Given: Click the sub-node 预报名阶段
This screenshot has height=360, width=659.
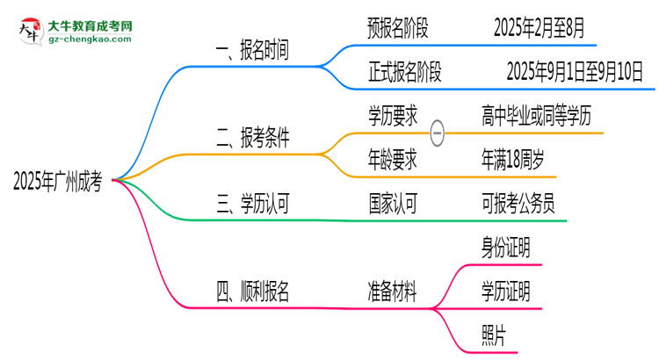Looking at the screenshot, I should [398, 29].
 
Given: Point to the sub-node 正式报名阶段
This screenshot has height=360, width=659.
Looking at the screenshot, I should [405, 72].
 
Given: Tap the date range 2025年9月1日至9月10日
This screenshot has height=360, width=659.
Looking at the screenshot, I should [576, 72].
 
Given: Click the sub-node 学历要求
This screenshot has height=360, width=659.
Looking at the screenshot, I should [392, 115].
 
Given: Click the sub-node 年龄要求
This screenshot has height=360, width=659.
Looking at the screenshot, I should [392, 160].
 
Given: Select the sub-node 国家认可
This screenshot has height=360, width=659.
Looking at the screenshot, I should [392, 204].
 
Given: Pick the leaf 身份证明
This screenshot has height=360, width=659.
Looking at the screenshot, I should [505, 248].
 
